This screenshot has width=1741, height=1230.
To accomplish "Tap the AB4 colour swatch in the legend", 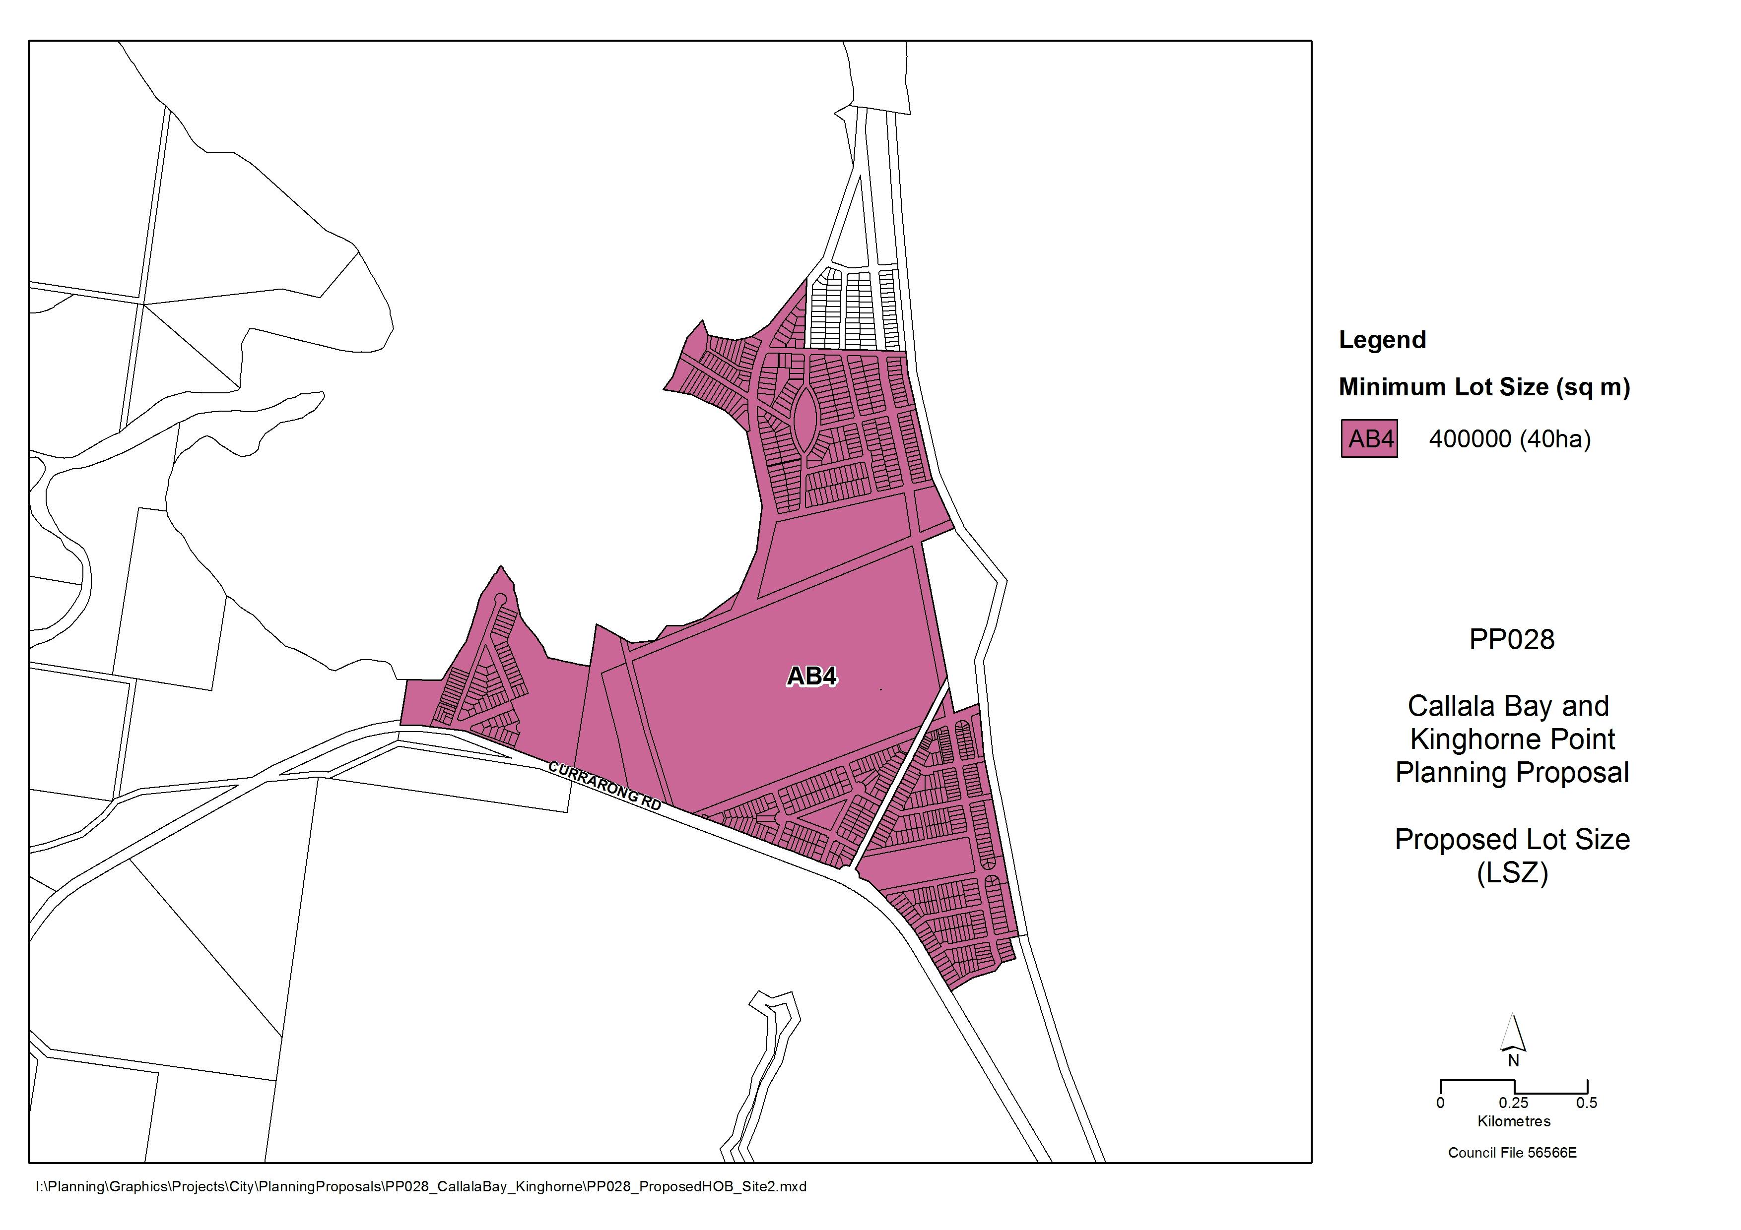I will pos(1369,439).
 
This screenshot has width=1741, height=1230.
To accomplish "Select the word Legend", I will pos(1382,340).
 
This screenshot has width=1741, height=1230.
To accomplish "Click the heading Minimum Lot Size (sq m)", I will pos(1484,387).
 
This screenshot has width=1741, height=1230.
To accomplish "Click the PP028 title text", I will pos(1511,640).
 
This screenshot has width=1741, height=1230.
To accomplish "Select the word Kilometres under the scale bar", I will pos(1514,1121).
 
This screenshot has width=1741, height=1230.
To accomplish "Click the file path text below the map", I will pos(421,1187).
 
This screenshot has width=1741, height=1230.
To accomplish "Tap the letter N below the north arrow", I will pos(1513,1061).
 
